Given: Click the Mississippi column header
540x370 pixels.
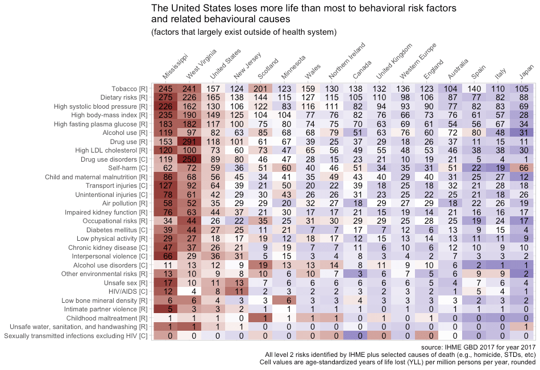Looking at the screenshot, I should click(x=175, y=68).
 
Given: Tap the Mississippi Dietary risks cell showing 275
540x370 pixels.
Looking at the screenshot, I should click(x=166, y=98).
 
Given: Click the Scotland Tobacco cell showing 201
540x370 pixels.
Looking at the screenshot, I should click(x=261, y=89).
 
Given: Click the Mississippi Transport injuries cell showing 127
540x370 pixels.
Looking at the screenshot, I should click(x=166, y=186).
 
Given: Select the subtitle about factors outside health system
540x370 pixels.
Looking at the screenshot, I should click(x=244, y=32).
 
